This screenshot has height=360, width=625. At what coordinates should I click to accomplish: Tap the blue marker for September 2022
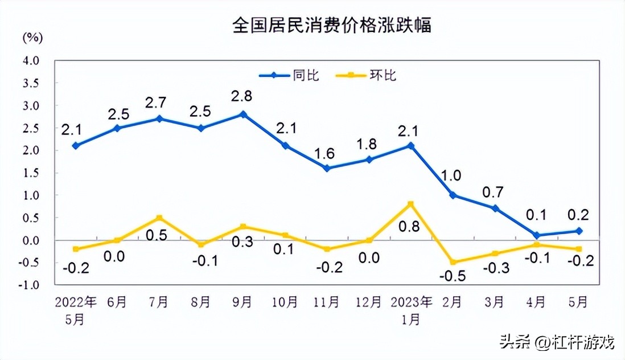(x=243, y=114)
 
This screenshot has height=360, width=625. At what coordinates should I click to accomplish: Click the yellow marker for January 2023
(x=410, y=204)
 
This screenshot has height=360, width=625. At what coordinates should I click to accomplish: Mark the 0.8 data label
(x=409, y=227)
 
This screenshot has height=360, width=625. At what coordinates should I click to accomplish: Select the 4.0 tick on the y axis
(x=31, y=60)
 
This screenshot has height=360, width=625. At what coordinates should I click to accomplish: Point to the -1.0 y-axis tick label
(x=30, y=285)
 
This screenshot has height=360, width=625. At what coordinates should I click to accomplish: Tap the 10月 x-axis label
(x=285, y=302)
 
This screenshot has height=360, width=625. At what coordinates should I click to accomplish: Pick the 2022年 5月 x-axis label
(x=75, y=310)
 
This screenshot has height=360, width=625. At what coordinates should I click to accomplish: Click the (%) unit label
(x=32, y=38)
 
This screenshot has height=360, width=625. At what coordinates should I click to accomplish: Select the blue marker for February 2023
(x=453, y=195)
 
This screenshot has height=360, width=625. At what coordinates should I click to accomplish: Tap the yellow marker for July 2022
(x=159, y=218)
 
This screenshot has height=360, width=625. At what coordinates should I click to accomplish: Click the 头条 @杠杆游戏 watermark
(x=557, y=342)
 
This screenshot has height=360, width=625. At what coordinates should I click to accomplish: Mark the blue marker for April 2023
(x=537, y=235)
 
